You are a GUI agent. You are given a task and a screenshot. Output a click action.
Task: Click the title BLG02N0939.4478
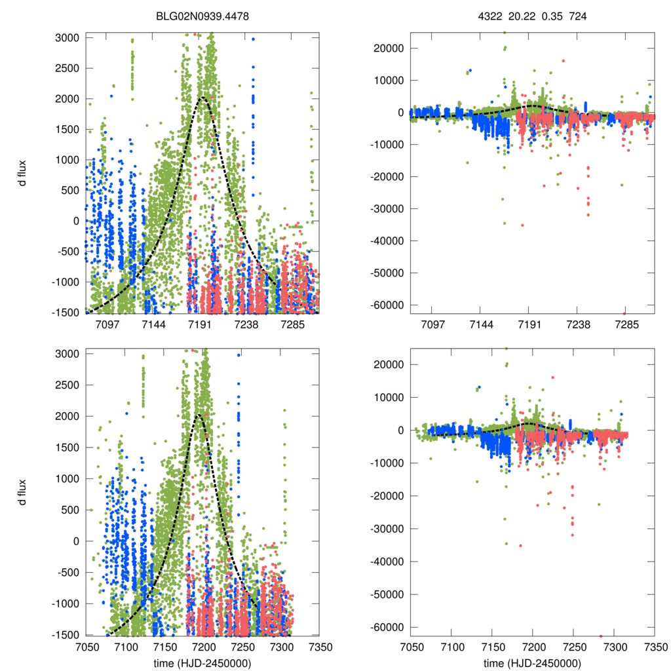click(x=202, y=16)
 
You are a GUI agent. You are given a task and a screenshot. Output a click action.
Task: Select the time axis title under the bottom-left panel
click(x=202, y=663)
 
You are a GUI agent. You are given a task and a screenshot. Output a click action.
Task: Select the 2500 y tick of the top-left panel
click(x=68, y=68)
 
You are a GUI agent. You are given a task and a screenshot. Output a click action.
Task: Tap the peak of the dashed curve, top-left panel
click(x=202, y=98)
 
